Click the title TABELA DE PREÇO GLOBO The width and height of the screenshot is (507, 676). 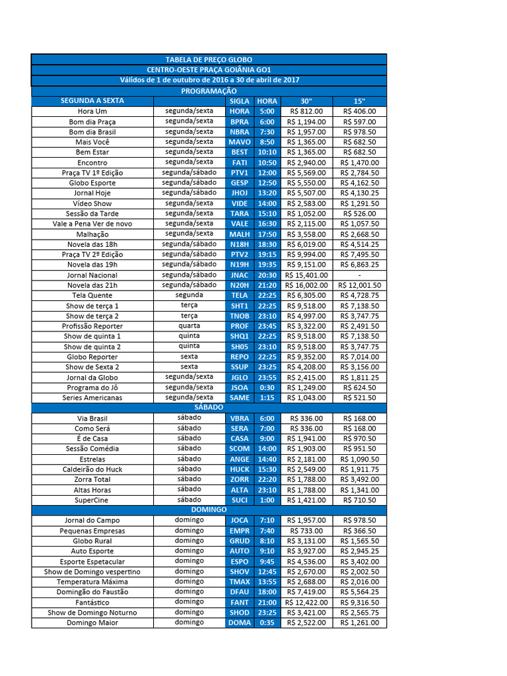(x=209, y=59)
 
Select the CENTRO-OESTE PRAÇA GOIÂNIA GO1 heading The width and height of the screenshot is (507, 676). (x=209, y=69)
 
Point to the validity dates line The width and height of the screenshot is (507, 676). (x=209, y=80)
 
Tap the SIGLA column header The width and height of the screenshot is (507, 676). (x=239, y=101)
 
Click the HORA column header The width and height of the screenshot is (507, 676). (x=267, y=101)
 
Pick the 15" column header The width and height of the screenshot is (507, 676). (x=359, y=101)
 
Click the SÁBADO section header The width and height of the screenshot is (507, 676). (x=209, y=408)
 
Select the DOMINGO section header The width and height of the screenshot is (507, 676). (x=209, y=510)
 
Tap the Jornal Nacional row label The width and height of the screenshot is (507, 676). (x=92, y=275)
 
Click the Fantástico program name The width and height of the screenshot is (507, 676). (x=92, y=603)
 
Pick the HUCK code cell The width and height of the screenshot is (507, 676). (x=239, y=469)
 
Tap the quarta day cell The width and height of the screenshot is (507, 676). (x=189, y=325)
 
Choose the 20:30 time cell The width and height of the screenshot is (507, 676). (x=267, y=275)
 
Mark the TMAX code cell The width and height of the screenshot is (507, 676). (x=239, y=582)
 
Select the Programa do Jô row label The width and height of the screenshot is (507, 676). (x=92, y=388)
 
